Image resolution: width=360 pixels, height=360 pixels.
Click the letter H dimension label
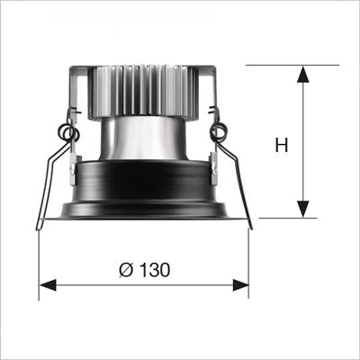click(282, 145)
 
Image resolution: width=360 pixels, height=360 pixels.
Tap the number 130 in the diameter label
click(155, 270)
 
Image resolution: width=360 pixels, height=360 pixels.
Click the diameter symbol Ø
click(126, 270)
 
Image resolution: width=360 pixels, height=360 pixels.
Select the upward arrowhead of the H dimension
click(303, 74)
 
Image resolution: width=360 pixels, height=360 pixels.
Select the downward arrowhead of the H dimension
click(303, 209)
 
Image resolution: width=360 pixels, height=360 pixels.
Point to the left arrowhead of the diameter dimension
click(48, 284)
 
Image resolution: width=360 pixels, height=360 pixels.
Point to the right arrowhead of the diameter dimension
click(240, 284)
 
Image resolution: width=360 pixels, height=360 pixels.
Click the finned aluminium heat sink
click(143, 92)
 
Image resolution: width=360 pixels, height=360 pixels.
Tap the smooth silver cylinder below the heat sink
click(143, 138)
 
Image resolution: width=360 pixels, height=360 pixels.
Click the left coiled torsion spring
click(68, 132)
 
